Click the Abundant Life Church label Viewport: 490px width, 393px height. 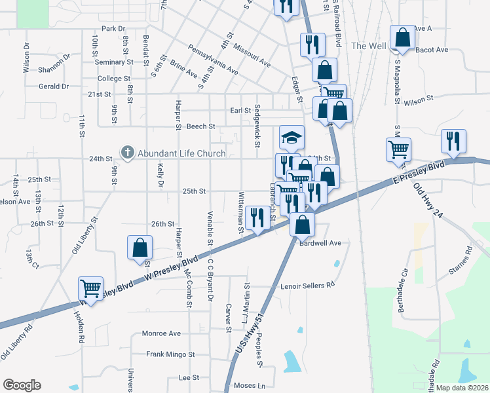[x=181, y=154]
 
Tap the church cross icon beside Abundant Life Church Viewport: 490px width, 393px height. [x=127, y=154]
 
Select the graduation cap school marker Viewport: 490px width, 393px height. [x=292, y=138]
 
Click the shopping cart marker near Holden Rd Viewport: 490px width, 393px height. [x=90, y=288]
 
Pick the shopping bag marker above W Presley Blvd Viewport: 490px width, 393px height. [x=139, y=248]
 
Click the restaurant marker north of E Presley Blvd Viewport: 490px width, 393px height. [x=452, y=141]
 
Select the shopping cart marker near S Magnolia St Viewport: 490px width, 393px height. [x=398, y=149]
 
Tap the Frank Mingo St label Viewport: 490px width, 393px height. [x=170, y=354]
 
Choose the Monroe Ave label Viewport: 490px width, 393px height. [x=161, y=333]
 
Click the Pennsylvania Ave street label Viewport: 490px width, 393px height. [x=213, y=59]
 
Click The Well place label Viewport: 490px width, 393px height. [x=367, y=46]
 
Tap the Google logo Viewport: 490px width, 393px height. [x=22, y=385]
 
